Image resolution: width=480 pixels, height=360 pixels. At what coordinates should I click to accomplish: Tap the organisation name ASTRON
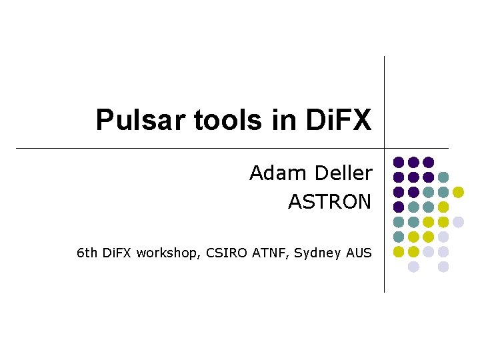click(329, 201)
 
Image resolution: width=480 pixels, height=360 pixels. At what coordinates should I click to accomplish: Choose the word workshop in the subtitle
click(172, 253)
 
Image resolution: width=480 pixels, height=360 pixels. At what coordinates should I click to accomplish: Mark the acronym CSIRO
click(227, 253)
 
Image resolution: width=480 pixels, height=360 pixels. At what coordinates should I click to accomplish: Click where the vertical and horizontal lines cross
click(385, 147)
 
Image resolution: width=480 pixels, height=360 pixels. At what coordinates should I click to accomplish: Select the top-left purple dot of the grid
click(399, 162)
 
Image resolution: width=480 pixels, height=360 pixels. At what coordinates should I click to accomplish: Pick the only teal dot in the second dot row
click(443, 177)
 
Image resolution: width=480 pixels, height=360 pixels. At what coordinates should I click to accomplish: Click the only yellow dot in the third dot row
click(458, 192)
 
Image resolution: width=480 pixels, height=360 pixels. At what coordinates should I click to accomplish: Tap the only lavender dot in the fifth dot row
click(458, 222)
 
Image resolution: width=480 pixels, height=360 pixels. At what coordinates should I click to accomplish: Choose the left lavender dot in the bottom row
click(413, 267)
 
